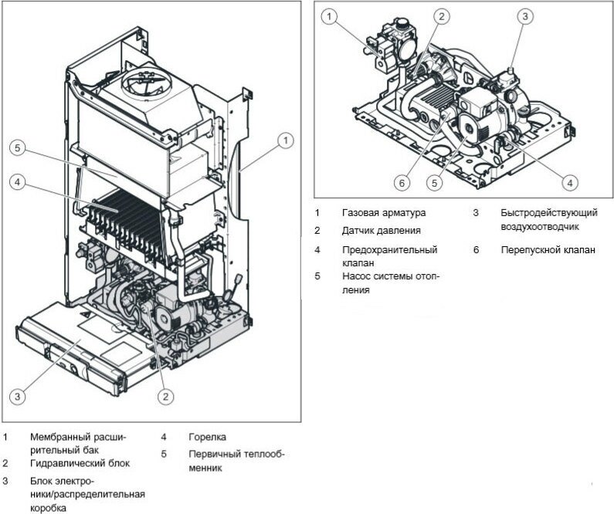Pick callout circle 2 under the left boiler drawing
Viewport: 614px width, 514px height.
tap(165, 397)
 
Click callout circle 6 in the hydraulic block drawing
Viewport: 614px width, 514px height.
tap(401, 183)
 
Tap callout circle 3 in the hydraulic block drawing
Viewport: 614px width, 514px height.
tap(524, 15)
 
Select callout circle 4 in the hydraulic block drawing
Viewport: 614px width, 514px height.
tap(569, 183)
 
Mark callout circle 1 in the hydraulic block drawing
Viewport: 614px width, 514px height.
tap(329, 15)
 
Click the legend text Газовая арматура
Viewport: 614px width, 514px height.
tap(383, 212)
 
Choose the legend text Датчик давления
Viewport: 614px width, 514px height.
tap(382, 230)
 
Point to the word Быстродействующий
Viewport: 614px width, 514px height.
tap(548, 212)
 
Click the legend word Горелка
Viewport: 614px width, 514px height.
tap(207, 437)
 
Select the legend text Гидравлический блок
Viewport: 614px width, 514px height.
tap(80, 463)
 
